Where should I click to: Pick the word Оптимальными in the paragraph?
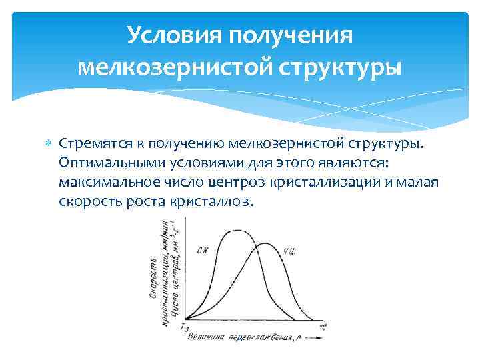pos(104,163)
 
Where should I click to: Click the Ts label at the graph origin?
pos(185,327)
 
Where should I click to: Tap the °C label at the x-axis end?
pos(324,326)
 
